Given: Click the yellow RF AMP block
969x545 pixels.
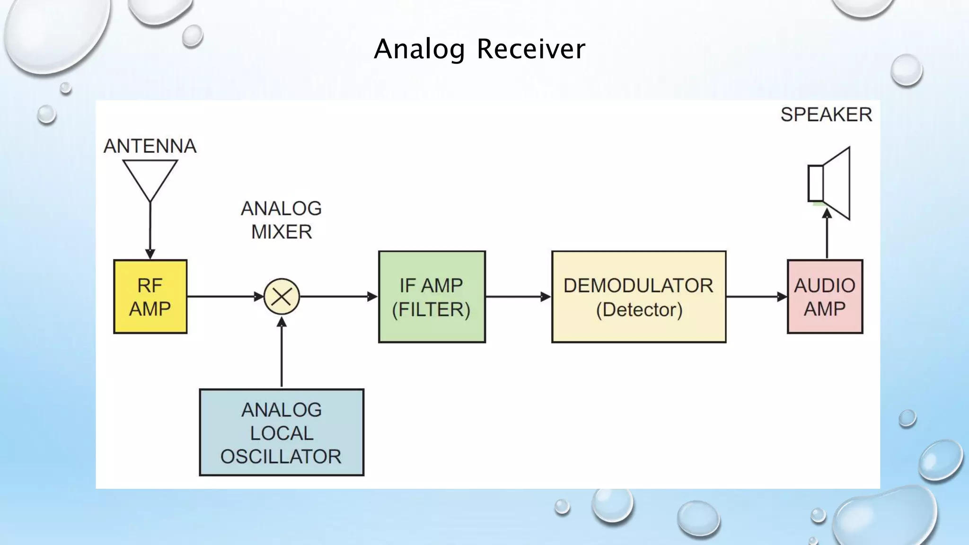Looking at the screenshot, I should point(150,297).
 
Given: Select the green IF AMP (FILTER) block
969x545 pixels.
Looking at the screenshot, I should point(432,297).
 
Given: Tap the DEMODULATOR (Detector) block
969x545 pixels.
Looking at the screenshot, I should point(639,297).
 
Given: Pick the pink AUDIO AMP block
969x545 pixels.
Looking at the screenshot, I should point(825,297).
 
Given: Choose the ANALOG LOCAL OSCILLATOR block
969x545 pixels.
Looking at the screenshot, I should point(282,432).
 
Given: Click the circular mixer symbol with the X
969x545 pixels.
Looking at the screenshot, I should point(282,297).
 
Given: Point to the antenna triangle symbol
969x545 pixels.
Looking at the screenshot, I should point(150,177).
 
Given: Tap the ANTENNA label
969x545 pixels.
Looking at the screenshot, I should point(150,146).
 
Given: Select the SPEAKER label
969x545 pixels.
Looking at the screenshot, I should point(826,114).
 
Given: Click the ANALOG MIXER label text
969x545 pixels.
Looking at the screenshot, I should point(282,220).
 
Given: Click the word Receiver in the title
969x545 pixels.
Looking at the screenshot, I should point(531,49).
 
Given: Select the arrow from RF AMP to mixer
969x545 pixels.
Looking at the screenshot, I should point(225,297).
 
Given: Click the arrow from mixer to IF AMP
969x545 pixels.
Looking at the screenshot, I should point(339,297).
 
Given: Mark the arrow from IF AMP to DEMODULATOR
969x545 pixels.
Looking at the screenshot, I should point(518,297).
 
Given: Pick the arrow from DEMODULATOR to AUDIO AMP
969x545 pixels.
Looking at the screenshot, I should point(756,297).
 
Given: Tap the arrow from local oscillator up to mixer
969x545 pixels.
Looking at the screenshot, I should point(282,352).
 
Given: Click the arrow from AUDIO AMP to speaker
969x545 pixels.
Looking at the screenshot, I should point(827,234).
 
